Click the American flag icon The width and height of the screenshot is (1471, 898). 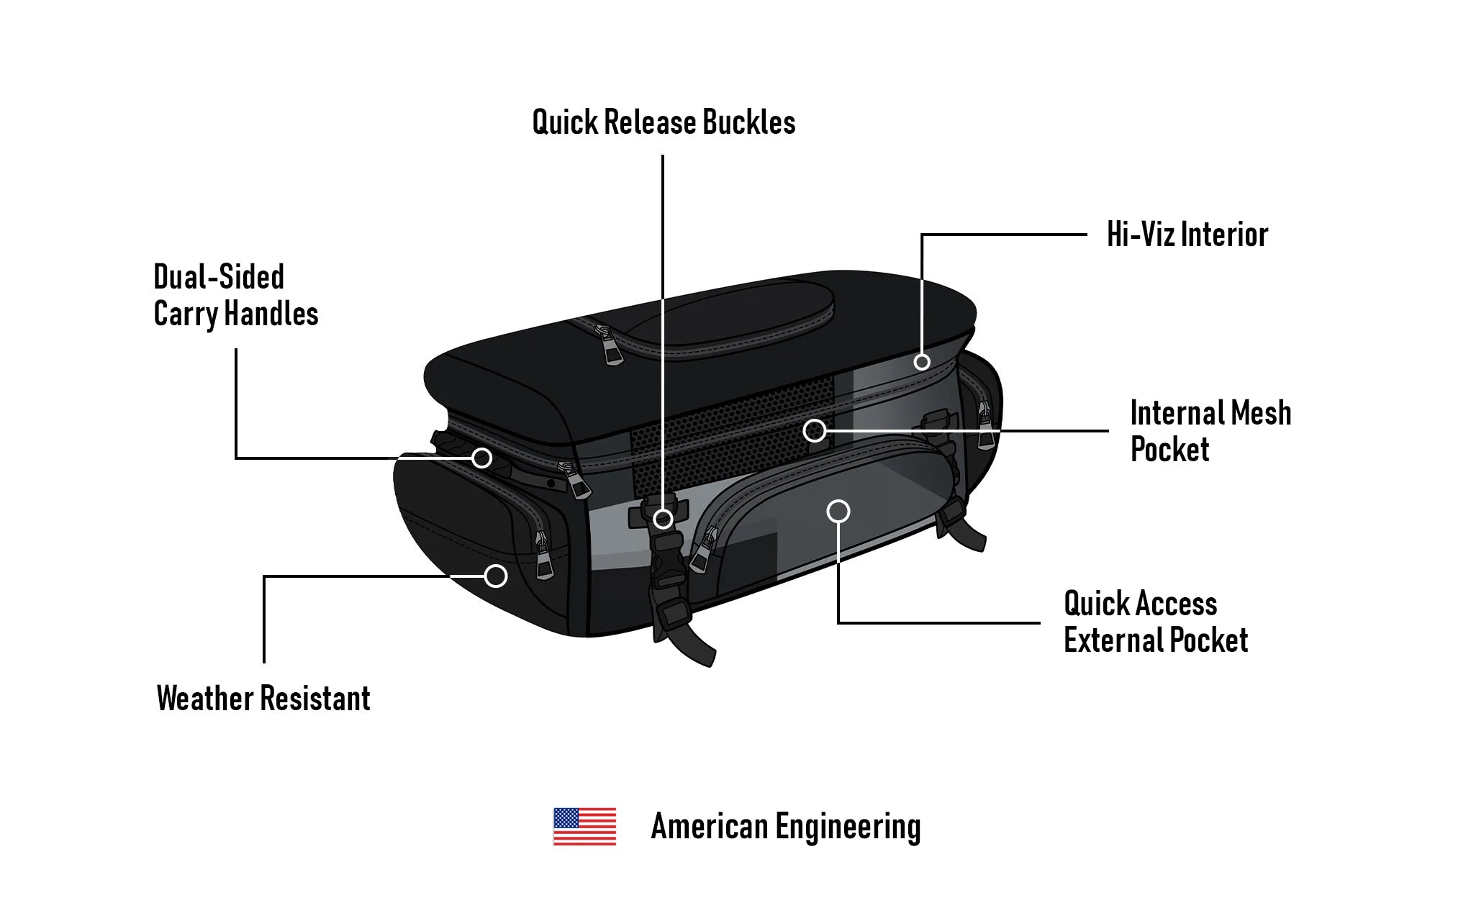pos(584,826)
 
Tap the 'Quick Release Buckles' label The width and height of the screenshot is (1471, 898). pos(664,122)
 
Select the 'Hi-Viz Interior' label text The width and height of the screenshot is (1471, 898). pos(1187,235)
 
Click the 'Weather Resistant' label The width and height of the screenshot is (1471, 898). pos(263,698)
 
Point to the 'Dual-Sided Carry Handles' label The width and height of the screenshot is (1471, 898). pos(235,295)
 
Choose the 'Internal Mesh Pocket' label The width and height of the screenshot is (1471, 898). pos(1210,430)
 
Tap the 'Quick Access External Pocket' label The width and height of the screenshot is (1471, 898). pos(1155,621)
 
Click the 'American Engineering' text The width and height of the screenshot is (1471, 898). pos(785,826)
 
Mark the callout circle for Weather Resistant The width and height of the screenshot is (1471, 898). pos(495,576)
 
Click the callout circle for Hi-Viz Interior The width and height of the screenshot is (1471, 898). pos(922,362)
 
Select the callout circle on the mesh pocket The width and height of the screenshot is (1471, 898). pos(815,430)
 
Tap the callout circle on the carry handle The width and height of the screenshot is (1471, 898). pos(481,458)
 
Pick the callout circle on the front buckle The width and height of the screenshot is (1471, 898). pos(663,518)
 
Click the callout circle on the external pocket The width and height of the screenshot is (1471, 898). pos(838,512)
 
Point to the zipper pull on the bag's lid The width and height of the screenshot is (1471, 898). pos(611,348)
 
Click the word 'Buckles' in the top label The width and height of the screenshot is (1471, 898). pos(749,122)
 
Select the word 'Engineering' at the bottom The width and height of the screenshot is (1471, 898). pos(848,826)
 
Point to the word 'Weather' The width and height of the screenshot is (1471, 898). pos(205,698)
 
